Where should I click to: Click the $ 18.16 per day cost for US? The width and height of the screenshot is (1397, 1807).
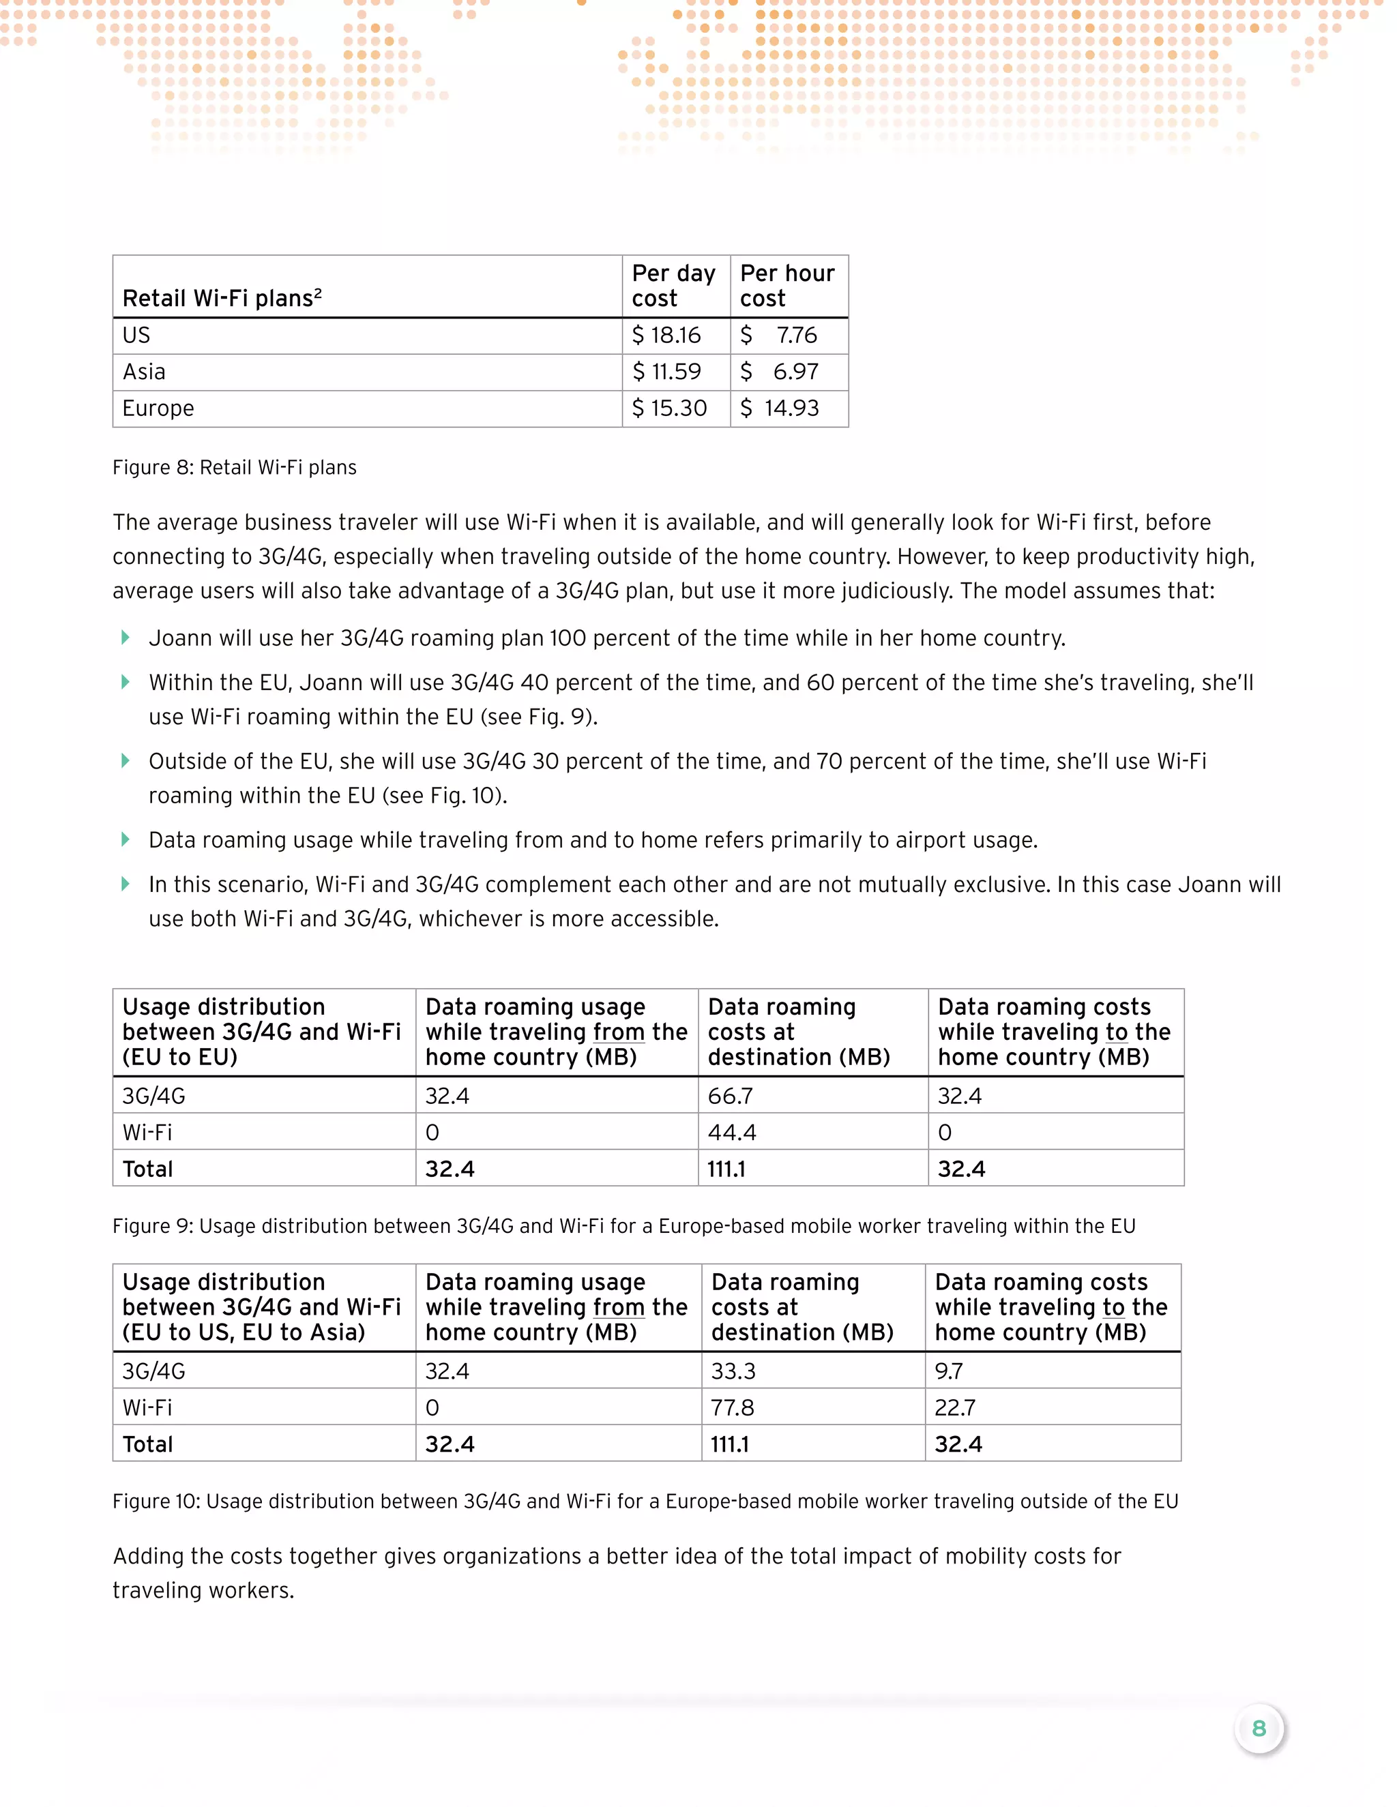coord(666,335)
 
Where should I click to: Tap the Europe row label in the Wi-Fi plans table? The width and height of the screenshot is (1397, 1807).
coord(158,408)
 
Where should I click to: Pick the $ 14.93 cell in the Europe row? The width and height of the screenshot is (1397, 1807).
coord(780,408)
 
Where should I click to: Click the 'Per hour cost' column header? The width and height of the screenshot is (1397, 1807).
coord(787,286)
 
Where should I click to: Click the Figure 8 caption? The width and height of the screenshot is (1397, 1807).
coord(234,468)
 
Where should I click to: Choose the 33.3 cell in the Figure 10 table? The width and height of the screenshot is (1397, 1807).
coord(733,1371)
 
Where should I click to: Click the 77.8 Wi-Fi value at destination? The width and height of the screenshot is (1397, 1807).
coord(733,1407)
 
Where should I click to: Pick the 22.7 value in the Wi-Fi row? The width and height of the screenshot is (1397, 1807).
coord(954,1407)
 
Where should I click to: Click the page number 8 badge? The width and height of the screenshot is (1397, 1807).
coord(1259,1729)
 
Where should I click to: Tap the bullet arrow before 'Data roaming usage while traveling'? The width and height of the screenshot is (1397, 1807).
coord(125,840)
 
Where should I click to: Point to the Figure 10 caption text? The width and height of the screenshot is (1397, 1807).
coord(645,1501)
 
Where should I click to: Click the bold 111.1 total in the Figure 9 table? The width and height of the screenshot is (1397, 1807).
coord(726,1168)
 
